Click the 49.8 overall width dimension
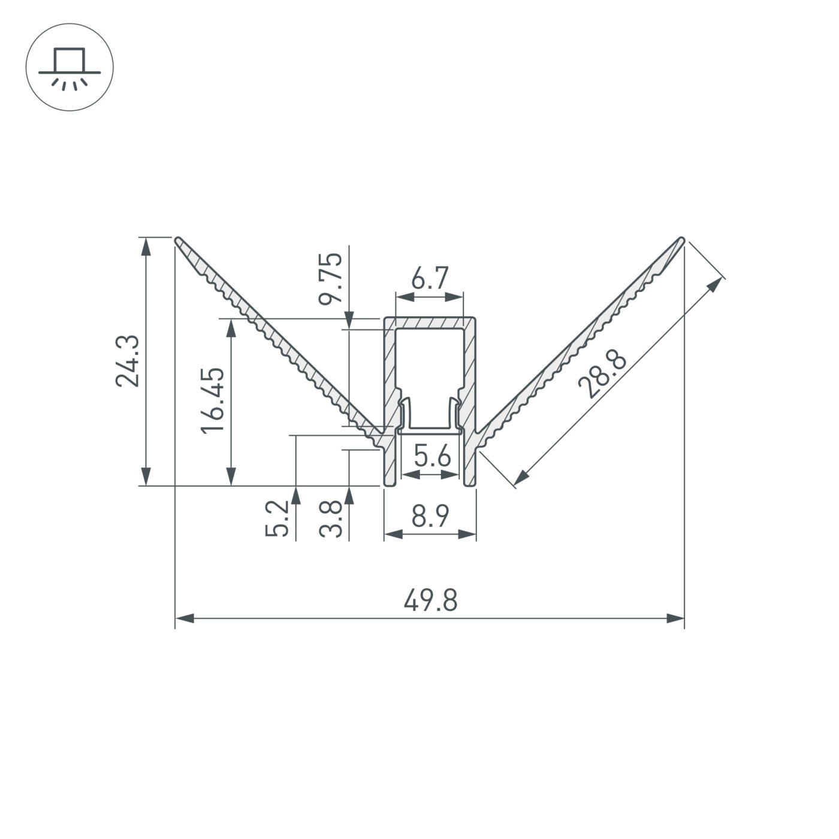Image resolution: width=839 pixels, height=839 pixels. point(430,600)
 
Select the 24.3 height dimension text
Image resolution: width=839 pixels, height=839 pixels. point(128,360)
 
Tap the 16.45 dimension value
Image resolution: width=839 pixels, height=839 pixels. point(213,400)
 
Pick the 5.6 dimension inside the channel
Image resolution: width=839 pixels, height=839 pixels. point(432,458)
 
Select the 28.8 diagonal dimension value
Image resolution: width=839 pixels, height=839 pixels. point(603,376)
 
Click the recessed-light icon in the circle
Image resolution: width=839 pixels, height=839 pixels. point(70,67)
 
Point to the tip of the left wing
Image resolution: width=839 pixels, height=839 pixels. point(179,240)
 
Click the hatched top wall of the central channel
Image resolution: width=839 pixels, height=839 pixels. point(430,322)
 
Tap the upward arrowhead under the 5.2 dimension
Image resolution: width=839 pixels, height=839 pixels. point(295,494)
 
